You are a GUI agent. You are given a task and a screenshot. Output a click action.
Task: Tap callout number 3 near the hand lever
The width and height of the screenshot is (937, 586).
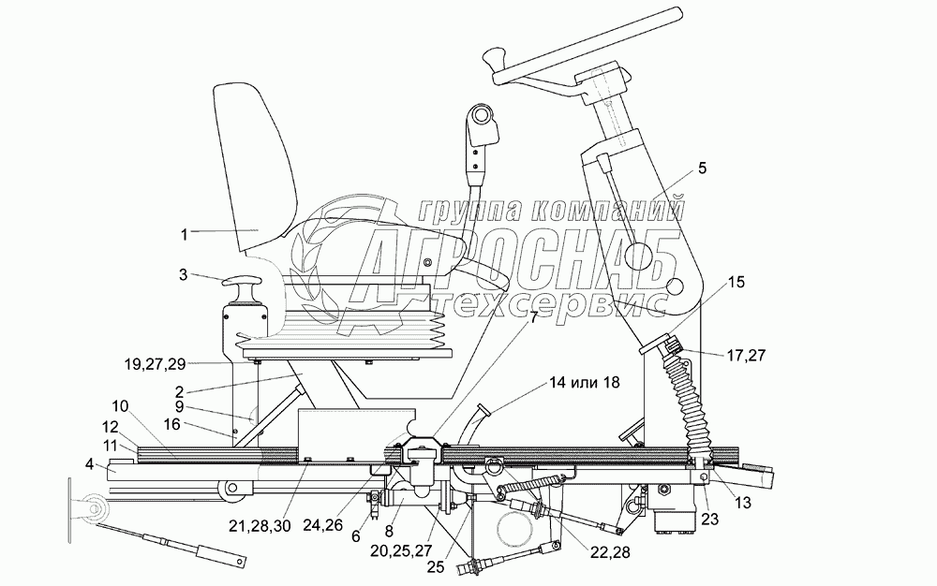click(x=184, y=274)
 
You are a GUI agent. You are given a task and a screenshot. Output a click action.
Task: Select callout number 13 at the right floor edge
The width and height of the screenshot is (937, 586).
click(x=743, y=504)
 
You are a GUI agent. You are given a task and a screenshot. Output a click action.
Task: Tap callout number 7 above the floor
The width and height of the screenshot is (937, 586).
click(x=533, y=316)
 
